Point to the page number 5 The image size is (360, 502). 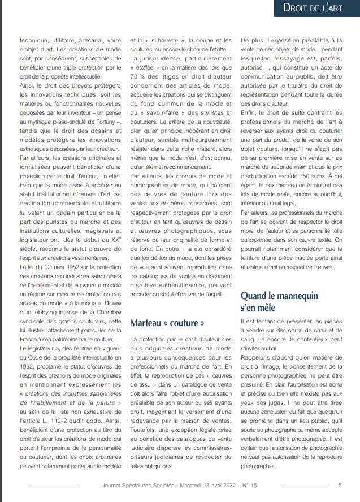pyautogui.click(x=340, y=485)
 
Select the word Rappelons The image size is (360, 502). pyautogui.click(x=258, y=357)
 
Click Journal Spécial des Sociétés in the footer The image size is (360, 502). pyautogui.click(x=137, y=485)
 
